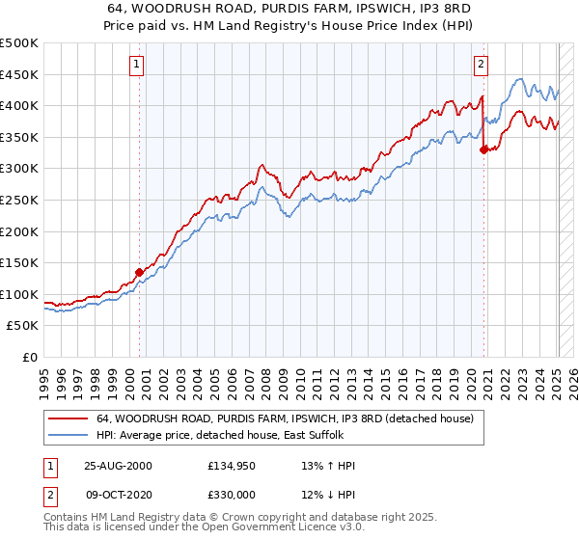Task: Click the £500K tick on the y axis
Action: coord(18,43)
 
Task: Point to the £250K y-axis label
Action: coord(18,200)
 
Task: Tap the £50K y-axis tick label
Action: coord(22,325)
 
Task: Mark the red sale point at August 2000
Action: coord(139,272)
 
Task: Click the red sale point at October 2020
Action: coord(484,149)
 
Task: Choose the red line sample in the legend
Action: coord(69,418)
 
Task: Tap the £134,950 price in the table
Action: coord(230,466)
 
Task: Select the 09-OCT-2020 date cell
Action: coord(118,494)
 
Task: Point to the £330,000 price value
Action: coord(230,494)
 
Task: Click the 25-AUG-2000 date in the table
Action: coord(118,466)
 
